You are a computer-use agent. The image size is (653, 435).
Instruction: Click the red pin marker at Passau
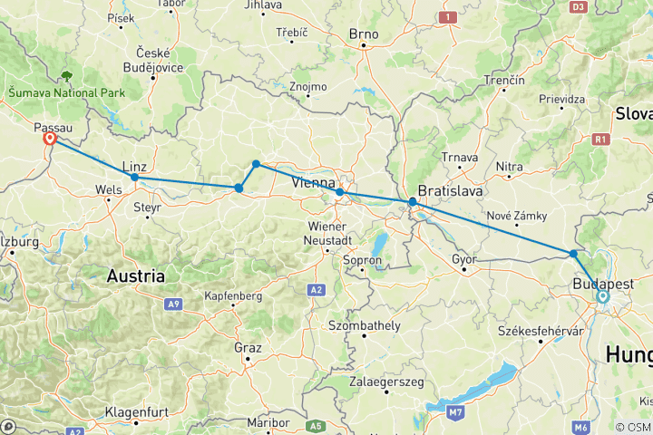(50, 140)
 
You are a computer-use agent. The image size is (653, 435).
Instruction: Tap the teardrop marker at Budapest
(603, 296)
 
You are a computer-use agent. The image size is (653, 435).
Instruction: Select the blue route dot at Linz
(134, 177)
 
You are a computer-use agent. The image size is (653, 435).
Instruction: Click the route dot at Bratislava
(413, 202)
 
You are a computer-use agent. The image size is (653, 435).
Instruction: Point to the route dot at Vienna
(339, 192)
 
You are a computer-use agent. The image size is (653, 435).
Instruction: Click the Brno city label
(364, 35)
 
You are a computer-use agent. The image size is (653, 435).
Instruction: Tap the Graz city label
(247, 348)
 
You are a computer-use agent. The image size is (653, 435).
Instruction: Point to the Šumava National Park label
(67, 92)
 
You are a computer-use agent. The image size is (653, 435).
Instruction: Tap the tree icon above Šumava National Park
(67, 77)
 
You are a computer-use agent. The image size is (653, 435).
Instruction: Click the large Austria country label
(136, 275)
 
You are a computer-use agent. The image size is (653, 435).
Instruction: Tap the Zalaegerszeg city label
(386, 382)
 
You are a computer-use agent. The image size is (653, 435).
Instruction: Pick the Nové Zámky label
(514, 216)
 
